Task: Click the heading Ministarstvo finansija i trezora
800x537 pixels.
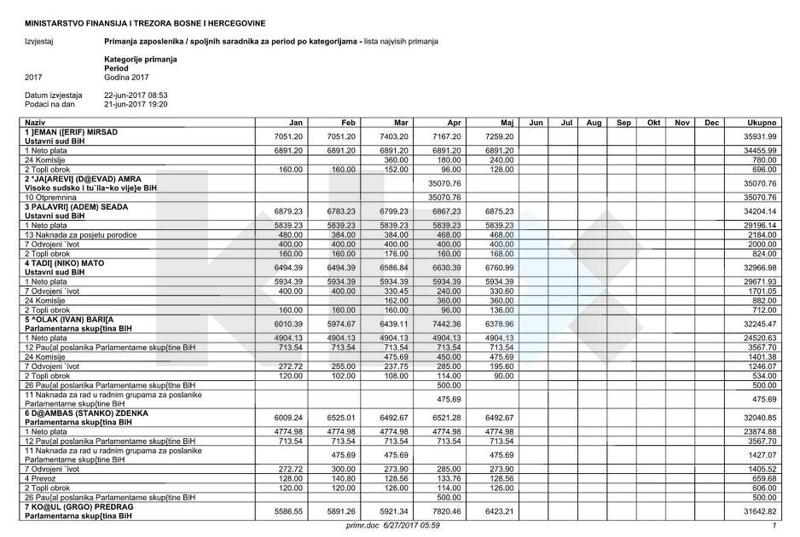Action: point(145,22)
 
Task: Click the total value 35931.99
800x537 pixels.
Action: point(759,136)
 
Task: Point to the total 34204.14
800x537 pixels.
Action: point(759,211)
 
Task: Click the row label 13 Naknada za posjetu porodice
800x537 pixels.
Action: point(81,234)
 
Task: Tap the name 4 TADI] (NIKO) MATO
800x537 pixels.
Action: point(65,263)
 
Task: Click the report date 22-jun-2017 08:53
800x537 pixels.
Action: point(136,95)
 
